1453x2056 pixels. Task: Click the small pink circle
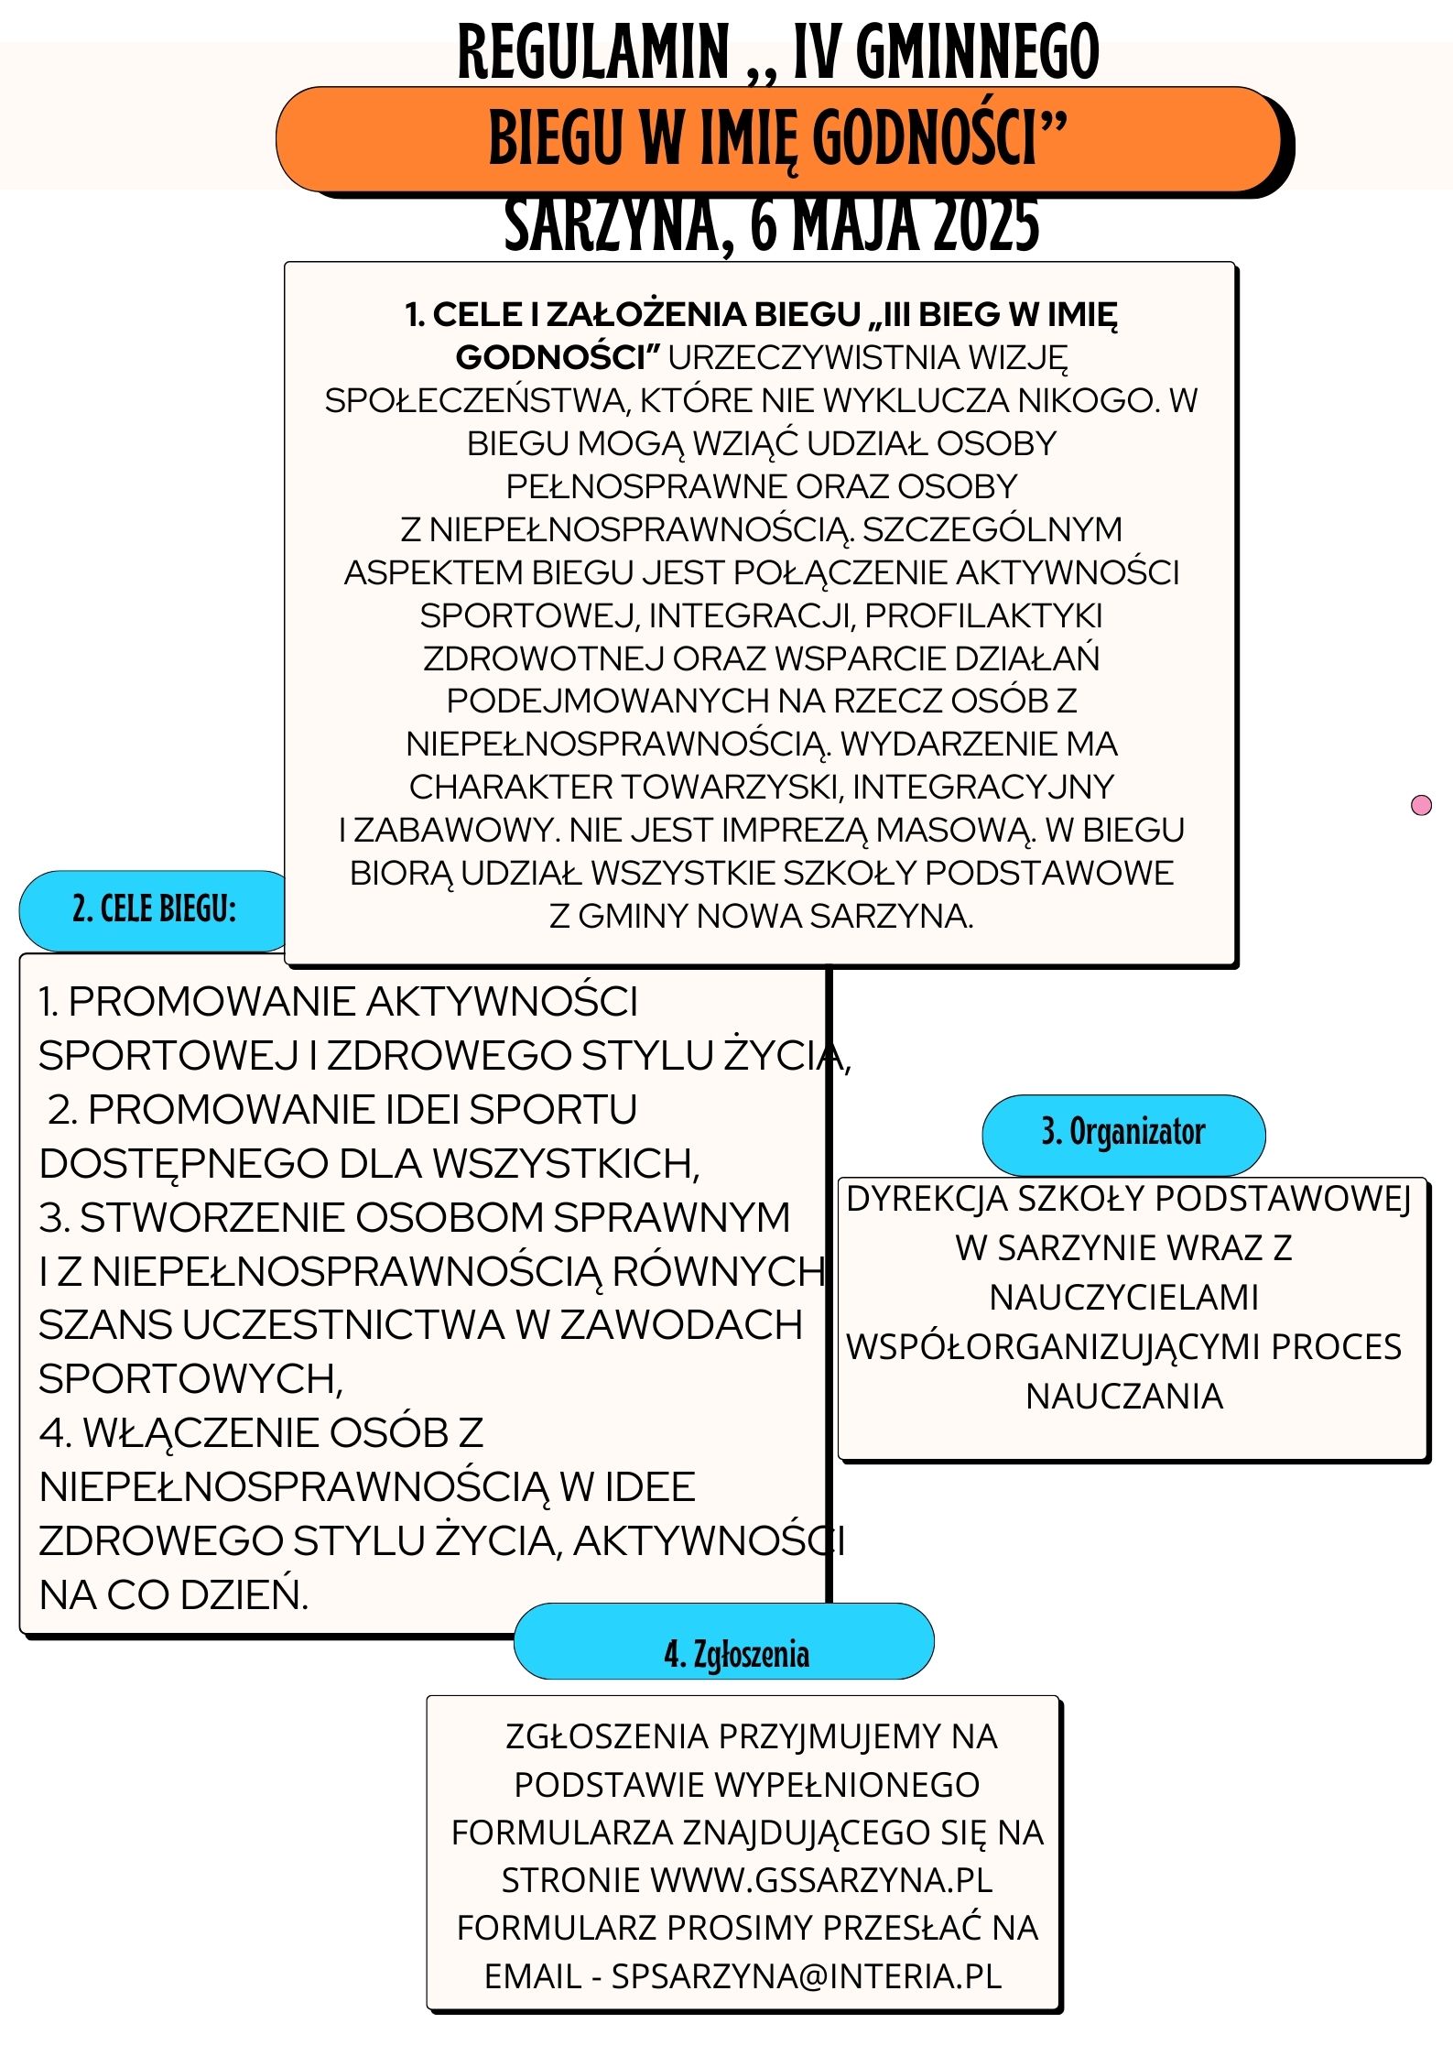pyautogui.click(x=1421, y=805)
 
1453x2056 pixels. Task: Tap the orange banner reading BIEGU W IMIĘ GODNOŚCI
pyautogui.click(x=778, y=139)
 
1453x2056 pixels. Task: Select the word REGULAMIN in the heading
pyautogui.click(x=593, y=53)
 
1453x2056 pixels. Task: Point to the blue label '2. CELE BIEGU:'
pyautogui.click(x=155, y=909)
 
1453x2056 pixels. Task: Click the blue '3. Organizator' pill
pyautogui.click(x=1123, y=1133)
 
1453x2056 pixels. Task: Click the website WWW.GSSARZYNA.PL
pyautogui.click(x=821, y=1880)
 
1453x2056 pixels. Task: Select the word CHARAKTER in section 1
pyautogui.click(x=511, y=787)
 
